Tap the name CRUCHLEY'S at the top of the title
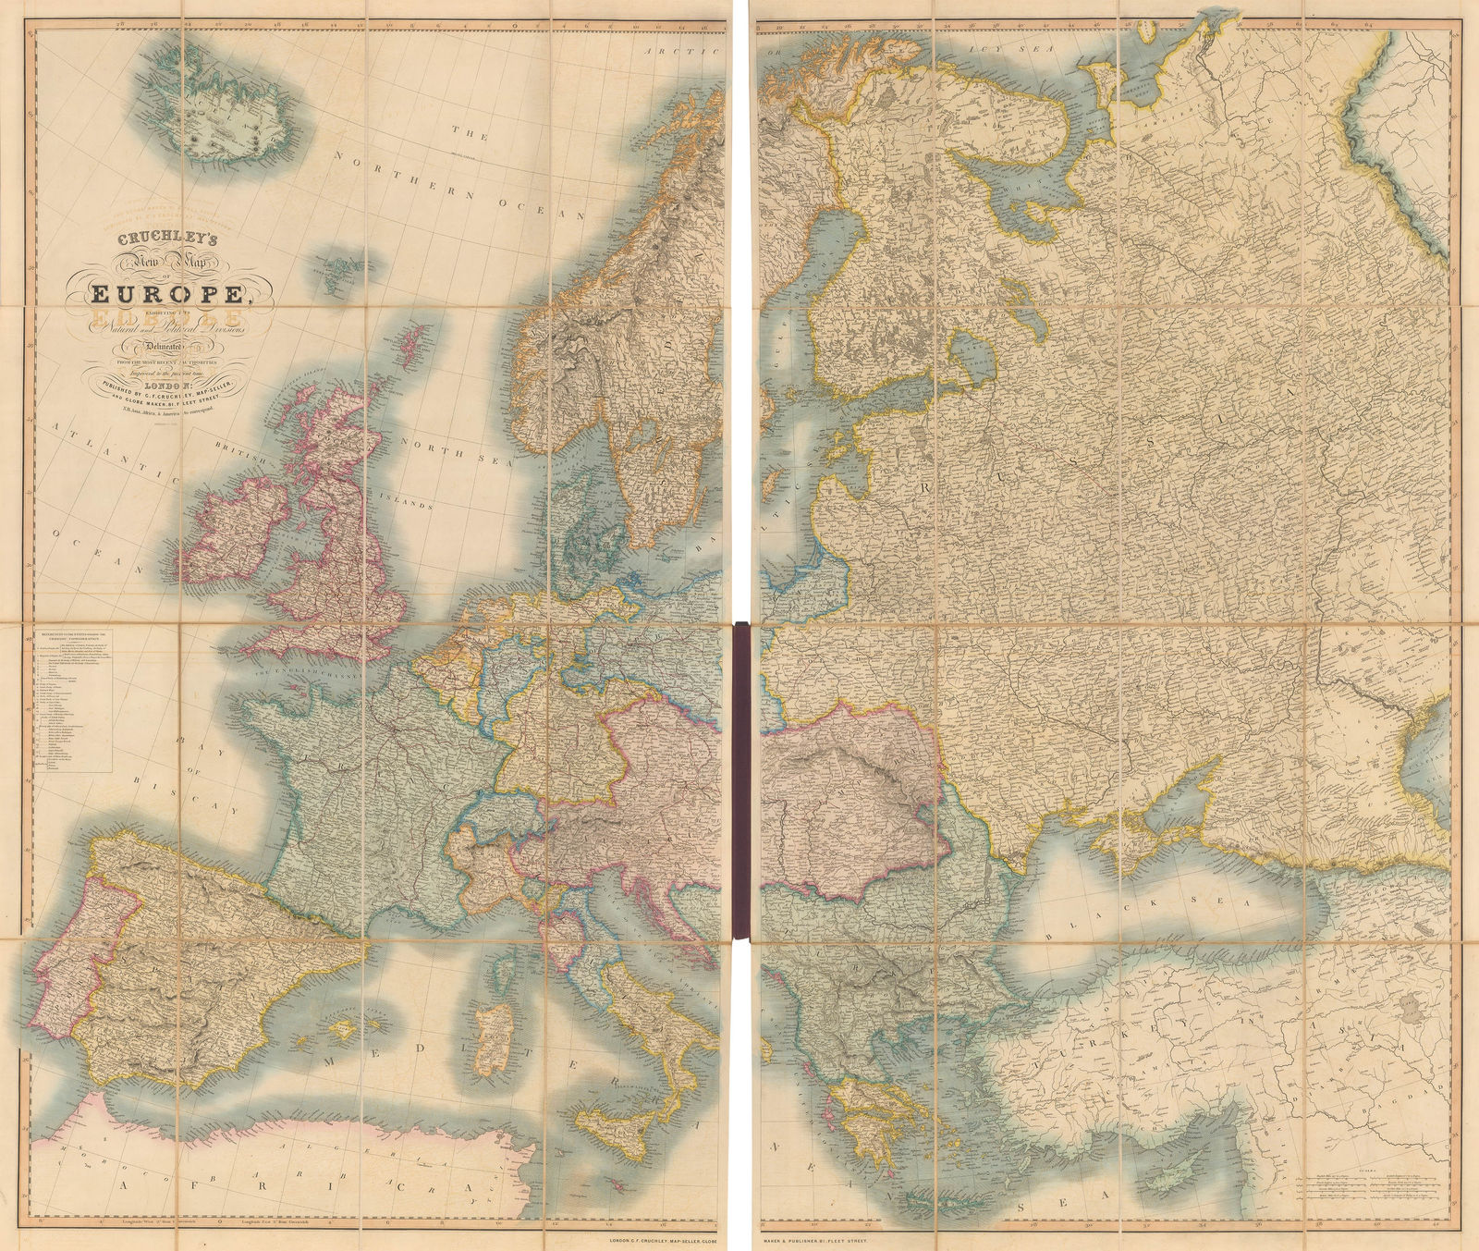coord(165,237)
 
